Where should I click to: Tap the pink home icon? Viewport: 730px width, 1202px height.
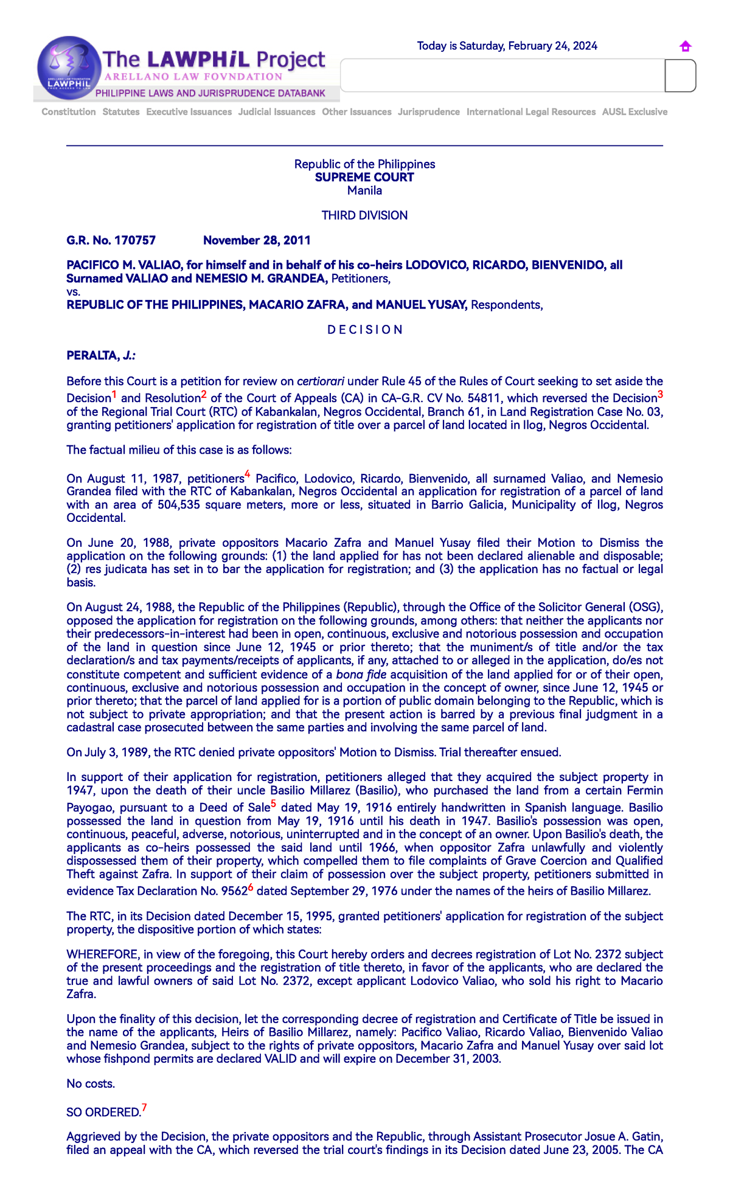pos(685,46)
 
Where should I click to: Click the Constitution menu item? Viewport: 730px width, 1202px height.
pos(69,112)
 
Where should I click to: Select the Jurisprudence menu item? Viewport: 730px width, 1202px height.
pos(428,112)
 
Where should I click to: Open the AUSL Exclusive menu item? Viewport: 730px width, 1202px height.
pos(634,112)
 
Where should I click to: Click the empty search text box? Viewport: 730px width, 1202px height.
pos(502,75)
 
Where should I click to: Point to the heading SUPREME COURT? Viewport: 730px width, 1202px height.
pos(364,177)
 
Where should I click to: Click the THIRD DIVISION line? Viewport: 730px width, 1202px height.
pos(364,215)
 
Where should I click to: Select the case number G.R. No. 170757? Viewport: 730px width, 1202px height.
pos(111,240)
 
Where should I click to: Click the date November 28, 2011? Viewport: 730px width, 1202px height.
pos(257,240)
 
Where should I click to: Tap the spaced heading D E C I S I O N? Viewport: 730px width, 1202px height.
pos(364,330)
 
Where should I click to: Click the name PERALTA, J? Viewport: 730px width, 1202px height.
pos(101,355)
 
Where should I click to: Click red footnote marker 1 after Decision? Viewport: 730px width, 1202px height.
pos(114,394)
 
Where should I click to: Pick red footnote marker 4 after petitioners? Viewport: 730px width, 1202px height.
pos(248,474)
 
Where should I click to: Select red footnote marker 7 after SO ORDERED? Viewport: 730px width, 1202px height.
pos(144,1107)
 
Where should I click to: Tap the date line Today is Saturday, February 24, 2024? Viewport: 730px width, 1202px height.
pos(507,46)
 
